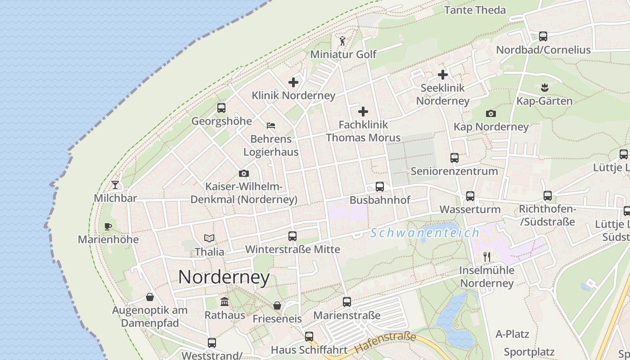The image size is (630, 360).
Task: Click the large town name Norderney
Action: (x=224, y=277)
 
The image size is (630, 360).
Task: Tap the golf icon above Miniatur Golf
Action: (x=342, y=41)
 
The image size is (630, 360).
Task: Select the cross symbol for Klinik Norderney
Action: (x=293, y=82)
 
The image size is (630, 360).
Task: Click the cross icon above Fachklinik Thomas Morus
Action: (x=363, y=112)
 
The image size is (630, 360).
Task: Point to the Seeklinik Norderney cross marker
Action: (x=443, y=75)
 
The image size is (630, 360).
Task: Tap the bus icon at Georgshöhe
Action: (x=221, y=108)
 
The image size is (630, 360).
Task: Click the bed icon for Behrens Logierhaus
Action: (x=270, y=126)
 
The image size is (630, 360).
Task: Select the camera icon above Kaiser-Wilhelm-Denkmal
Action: (x=244, y=174)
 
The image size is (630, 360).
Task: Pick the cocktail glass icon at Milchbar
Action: (x=115, y=184)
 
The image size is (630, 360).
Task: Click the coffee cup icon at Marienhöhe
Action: (x=108, y=226)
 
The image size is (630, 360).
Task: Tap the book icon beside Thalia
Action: (x=209, y=238)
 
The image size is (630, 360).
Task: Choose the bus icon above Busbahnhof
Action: (x=380, y=187)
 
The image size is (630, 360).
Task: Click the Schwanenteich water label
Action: (x=425, y=233)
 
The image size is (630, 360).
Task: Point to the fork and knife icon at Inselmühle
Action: (x=486, y=257)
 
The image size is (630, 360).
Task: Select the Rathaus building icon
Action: (x=224, y=301)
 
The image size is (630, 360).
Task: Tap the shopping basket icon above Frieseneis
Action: (x=277, y=306)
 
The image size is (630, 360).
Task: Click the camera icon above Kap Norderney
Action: (x=491, y=113)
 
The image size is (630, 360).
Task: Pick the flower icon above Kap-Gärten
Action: (x=544, y=87)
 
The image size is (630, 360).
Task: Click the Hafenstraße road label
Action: (x=385, y=342)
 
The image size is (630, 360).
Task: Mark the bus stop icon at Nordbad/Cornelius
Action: (x=543, y=36)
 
